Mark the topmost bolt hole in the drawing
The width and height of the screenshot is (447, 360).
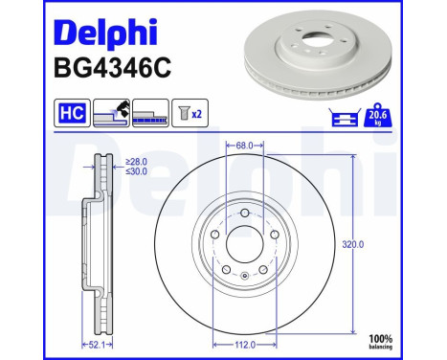(x=245, y=214)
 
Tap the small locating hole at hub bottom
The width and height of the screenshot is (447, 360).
(x=245, y=276)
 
